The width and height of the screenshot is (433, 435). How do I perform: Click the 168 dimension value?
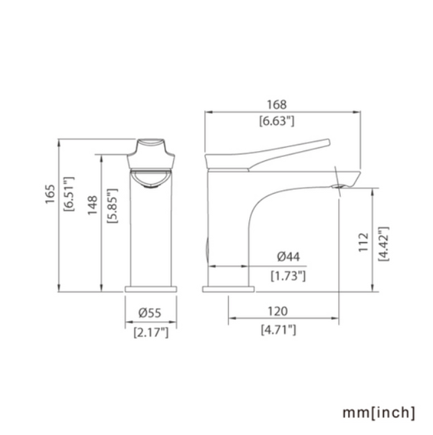(x=277, y=105)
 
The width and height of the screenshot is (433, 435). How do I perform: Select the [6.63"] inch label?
(x=277, y=121)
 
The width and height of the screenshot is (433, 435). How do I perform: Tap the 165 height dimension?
(x=50, y=194)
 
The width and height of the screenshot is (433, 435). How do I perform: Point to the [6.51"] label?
(x=69, y=194)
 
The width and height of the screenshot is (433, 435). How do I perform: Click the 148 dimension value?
(x=93, y=205)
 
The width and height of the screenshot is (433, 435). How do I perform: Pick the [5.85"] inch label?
(x=113, y=205)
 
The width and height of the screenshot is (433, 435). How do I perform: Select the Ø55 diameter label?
(x=150, y=313)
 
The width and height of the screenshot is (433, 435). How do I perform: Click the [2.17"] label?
(x=151, y=332)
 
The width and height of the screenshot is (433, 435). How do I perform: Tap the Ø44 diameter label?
(x=288, y=256)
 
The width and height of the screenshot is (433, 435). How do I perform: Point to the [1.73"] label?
(x=288, y=276)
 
